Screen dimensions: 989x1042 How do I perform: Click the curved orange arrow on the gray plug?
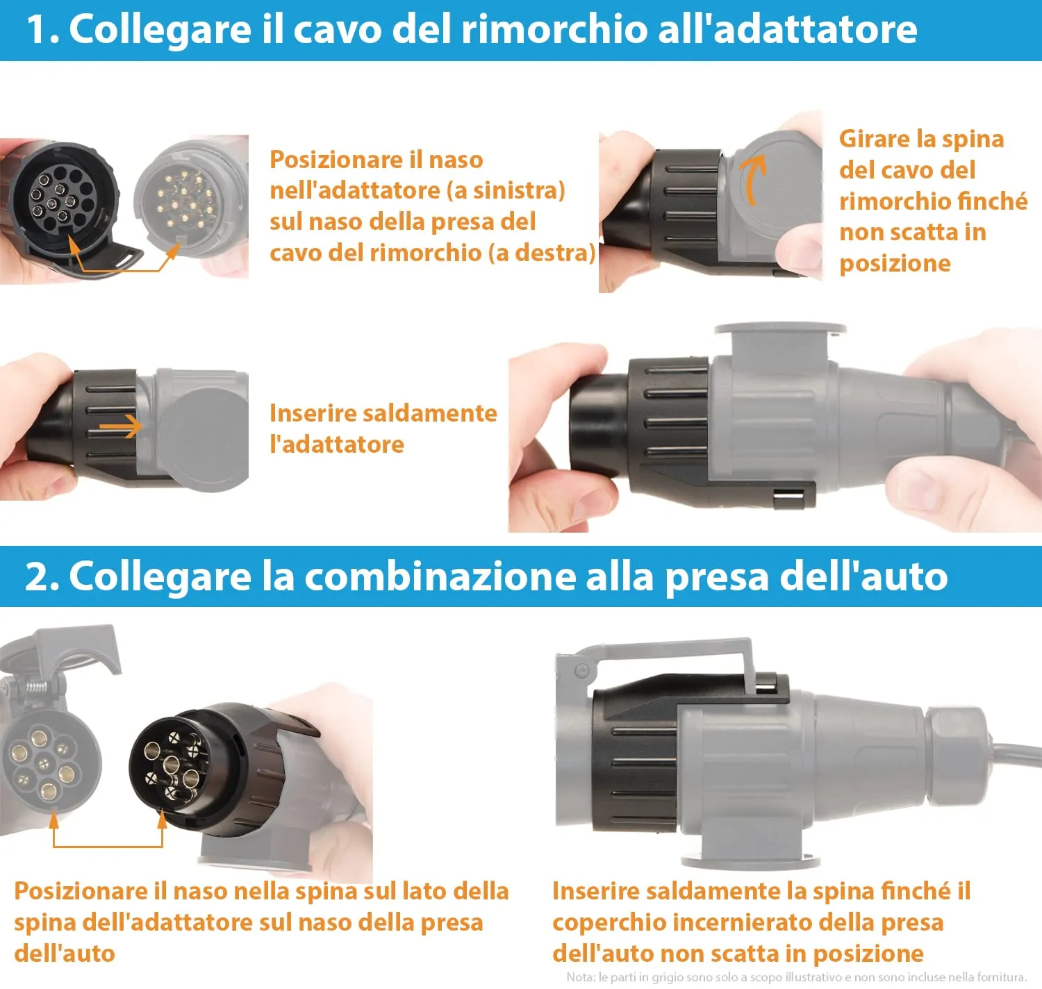753,176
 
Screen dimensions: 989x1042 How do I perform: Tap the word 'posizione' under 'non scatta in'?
895,264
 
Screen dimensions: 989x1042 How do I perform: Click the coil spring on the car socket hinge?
36,688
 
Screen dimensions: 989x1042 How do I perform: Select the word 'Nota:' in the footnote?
581,977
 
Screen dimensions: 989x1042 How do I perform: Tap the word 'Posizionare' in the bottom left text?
80,891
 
